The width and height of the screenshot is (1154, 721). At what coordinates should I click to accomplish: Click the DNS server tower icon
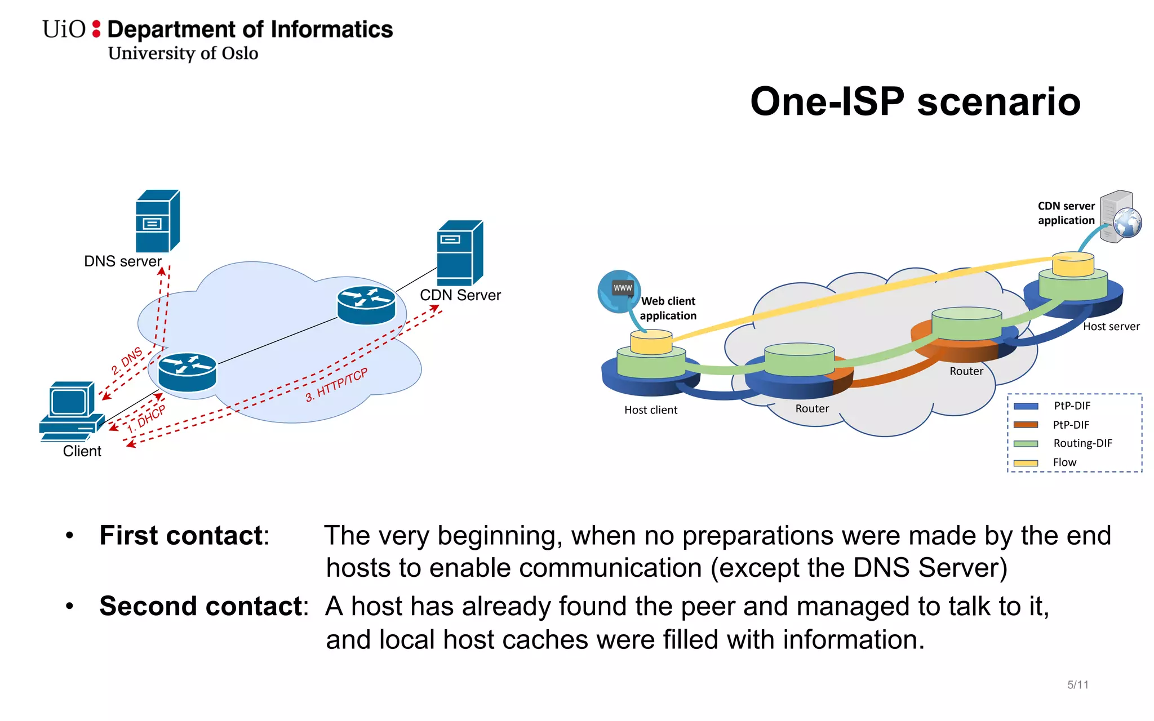coord(157,221)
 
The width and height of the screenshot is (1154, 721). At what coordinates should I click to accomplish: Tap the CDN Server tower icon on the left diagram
coord(459,253)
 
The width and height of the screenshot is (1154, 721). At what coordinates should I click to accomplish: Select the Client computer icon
coord(72,411)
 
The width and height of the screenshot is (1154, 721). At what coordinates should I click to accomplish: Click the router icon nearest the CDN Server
coord(366,305)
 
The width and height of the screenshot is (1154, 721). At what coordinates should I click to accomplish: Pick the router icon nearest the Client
coord(187,372)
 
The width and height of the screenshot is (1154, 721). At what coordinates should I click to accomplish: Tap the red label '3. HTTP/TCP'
coord(336,385)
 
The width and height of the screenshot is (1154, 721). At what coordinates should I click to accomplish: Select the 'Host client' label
coord(650,410)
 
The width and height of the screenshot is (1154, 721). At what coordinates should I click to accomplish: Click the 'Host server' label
coord(1111,327)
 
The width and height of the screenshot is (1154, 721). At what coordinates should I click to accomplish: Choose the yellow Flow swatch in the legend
coord(1026,463)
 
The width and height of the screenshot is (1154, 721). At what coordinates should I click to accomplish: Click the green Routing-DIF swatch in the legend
coord(1026,444)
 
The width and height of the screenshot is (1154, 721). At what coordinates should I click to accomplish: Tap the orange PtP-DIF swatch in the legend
coord(1026,425)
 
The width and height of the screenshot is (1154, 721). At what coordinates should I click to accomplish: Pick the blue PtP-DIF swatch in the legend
coord(1026,406)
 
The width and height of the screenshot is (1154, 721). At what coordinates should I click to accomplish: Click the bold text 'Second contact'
coord(201,607)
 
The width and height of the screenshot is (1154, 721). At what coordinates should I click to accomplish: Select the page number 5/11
coord(1077,685)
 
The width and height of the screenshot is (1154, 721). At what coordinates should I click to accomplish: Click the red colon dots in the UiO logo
coord(96,29)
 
